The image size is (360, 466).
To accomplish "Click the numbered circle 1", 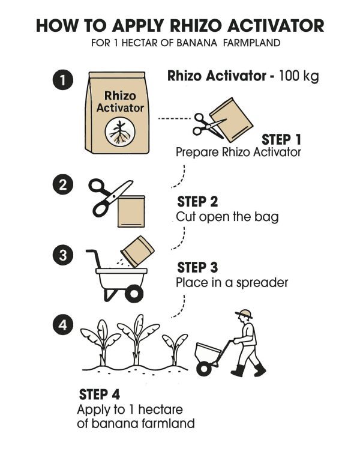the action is tap(62, 80).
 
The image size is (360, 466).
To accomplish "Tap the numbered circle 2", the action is tap(62, 184).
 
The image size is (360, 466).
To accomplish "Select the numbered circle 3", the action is tap(62, 255).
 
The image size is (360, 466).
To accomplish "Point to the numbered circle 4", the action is tap(62, 324).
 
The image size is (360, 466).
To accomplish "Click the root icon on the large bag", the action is tap(120, 132).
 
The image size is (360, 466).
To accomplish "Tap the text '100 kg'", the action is tap(299, 76).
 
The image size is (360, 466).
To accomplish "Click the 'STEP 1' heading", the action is tap(281, 139).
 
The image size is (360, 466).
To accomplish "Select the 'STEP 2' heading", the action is tap(197, 202).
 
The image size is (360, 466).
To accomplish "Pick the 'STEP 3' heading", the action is tap(197, 267).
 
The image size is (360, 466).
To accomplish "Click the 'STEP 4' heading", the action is tap(99, 395).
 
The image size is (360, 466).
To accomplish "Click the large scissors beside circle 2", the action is tap(110, 198).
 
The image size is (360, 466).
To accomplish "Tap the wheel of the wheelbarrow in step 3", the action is tap(134, 293).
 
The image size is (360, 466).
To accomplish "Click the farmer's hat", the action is tap(244, 313).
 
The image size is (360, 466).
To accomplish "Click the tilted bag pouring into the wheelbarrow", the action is tap(137, 251).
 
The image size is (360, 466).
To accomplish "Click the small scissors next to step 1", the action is tap(209, 126).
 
